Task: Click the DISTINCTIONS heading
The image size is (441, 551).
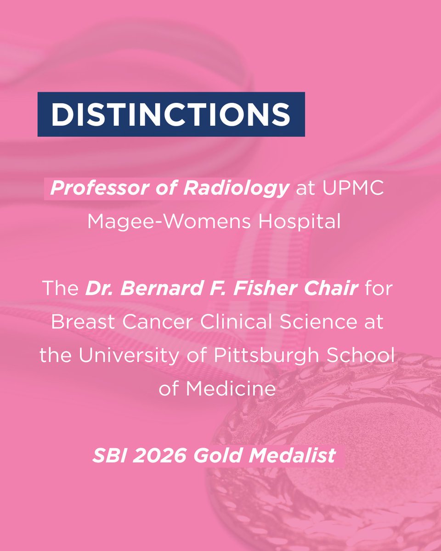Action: tap(171, 114)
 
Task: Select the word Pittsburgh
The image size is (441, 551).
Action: tap(269, 355)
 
